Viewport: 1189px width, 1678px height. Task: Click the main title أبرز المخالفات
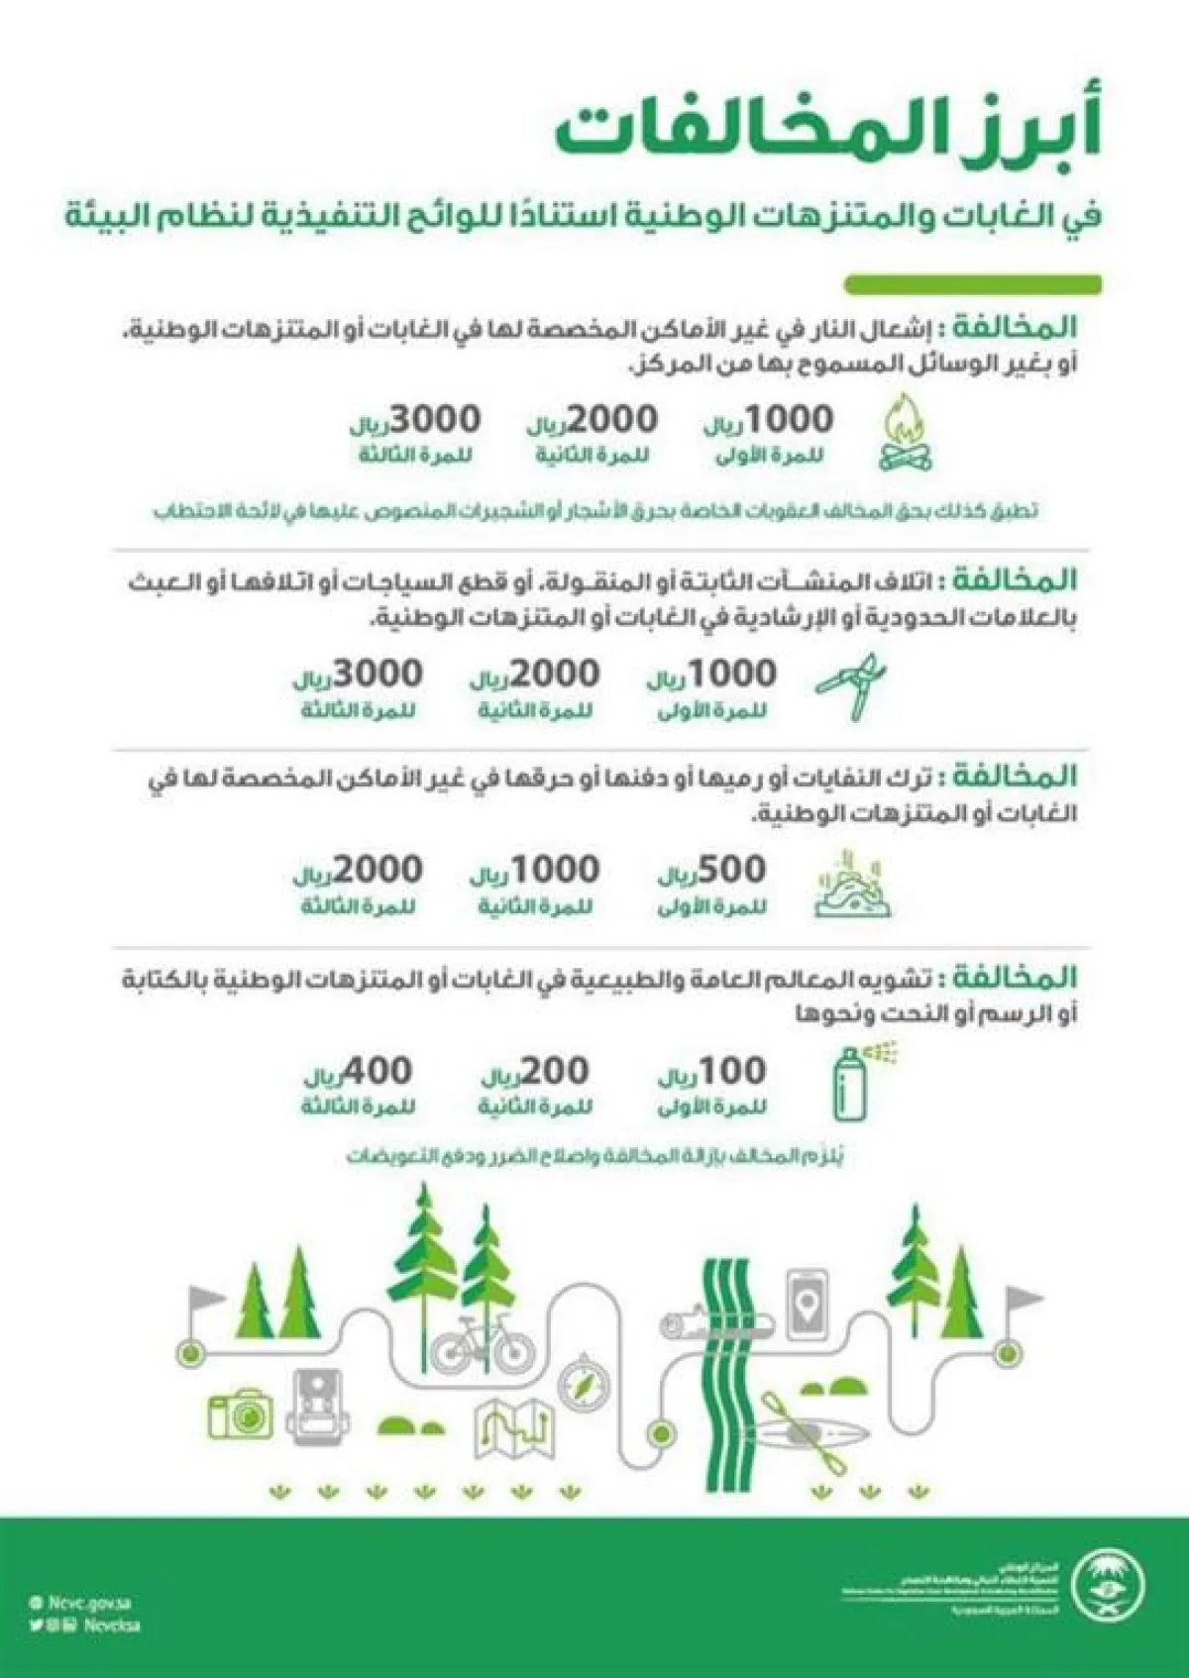pos(827,132)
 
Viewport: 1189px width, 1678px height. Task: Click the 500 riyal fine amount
pos(713,871)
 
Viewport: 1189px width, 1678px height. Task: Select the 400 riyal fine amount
pos(359,1072)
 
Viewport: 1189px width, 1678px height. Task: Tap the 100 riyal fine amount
pos(713,1072)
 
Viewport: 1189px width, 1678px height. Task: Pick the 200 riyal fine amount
pos(536,1072)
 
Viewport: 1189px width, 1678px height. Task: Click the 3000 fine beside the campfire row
pos(416,420)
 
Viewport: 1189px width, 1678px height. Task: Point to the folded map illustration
pos(514,1427)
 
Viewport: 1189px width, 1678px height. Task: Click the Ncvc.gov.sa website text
pos(89,1603)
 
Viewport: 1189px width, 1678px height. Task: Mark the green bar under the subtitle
pos(972,284)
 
